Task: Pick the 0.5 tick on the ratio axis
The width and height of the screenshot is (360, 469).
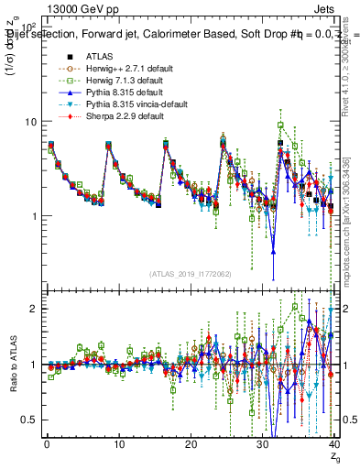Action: (29, 420)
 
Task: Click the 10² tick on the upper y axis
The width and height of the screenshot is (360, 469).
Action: (28, 27)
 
